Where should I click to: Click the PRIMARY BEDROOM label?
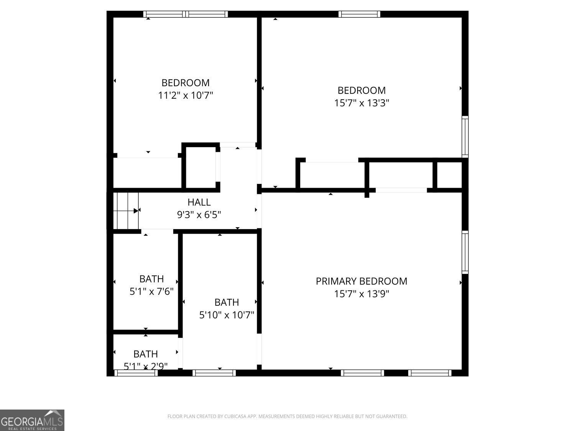tap(361, 281)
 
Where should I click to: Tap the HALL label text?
tap(199, 202)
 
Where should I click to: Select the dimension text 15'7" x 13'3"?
tap(361, 103)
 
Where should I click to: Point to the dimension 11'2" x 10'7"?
tap(186, 95)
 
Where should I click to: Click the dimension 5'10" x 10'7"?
tap(227, 315)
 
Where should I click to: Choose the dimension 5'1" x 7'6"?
tap(151, 291)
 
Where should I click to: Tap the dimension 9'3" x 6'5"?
tap(199, 215)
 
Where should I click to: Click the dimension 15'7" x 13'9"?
tap(361, 294)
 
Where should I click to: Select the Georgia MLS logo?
tap(32, 420)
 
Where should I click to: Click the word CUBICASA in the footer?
tap(234, 416)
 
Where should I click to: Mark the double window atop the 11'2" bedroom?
tap(186, 14)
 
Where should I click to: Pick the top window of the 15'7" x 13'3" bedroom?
tap(359, 14)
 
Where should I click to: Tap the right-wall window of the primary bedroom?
tap(465, 252)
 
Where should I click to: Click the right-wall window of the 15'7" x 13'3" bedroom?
tap(465, 137)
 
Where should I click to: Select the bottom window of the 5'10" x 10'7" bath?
tap(214, 373)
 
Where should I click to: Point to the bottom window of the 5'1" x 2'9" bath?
tap(136, 373)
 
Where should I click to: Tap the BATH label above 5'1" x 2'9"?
tap(146, 354)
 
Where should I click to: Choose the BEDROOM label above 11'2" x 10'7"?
tap(186, 83)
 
